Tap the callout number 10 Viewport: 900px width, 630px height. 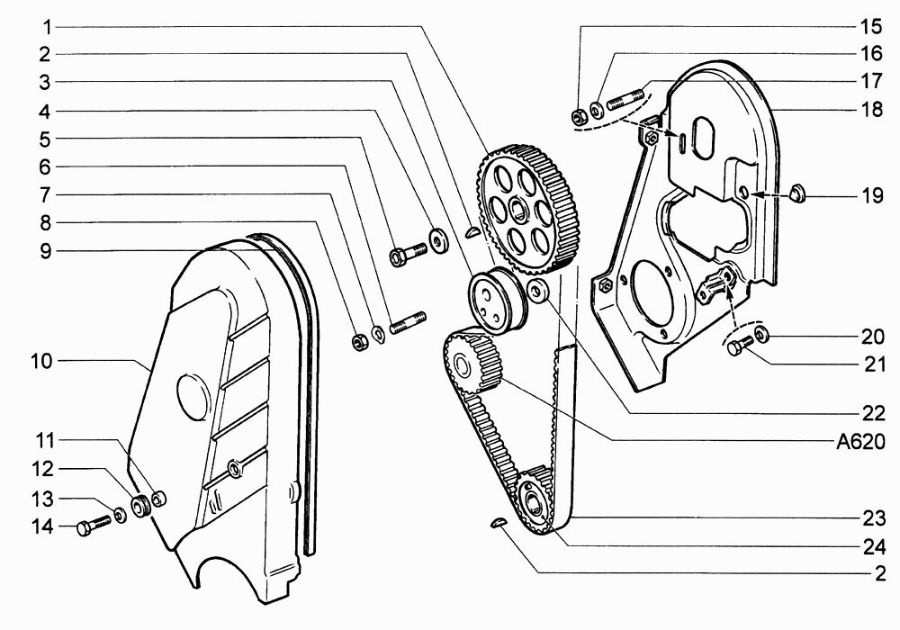pos(40,362)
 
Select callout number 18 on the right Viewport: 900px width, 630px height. pos(872,109)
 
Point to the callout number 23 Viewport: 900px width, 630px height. pos(874,518)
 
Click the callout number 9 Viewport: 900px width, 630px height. pos(45,251)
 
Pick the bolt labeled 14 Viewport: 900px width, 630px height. pos(93,525)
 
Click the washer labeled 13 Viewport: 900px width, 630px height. pos(120,514)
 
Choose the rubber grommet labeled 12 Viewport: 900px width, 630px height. pos(140,506)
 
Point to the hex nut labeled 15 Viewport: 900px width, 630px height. pos(579,116)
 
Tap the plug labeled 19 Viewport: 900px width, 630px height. pos(796,193)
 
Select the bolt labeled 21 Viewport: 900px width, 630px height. pos(741,346)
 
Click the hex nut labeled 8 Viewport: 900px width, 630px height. pos(359,342)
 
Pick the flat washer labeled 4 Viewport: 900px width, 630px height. pos(439,239)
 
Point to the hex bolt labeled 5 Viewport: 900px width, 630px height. pos(408,253)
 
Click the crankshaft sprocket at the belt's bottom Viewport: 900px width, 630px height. pos(534,499)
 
